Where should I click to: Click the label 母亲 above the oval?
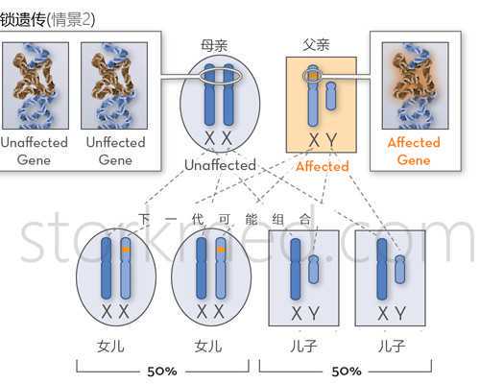(x=214, y=45)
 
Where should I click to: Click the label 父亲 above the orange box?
(x=316, y=44)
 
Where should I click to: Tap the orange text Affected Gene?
(x=414, y=151)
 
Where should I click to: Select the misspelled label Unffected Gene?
(x=115, y=151)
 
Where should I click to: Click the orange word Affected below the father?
(x=323, y=166)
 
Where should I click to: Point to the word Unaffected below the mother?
(x=220, y=165)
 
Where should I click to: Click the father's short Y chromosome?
(x=331, y=96)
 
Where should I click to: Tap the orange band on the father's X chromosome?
(x=313, y=76)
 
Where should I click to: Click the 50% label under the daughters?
(x=162, y=372)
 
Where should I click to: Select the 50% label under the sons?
(x=347, y=372)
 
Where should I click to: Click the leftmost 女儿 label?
(x=110, y=347)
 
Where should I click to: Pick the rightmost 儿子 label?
(x=392, y=346)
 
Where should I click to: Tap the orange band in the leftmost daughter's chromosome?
(x=126, y=250)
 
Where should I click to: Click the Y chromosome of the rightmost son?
(x=399, y=269)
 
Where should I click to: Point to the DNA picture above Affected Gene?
(x=415, y=85)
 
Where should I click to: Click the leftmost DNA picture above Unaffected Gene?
(x=36, y=85)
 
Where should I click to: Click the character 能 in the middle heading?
(x=252, y=220)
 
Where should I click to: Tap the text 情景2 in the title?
(x=71, y=20)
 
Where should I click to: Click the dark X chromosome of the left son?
(x=296, y=270)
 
